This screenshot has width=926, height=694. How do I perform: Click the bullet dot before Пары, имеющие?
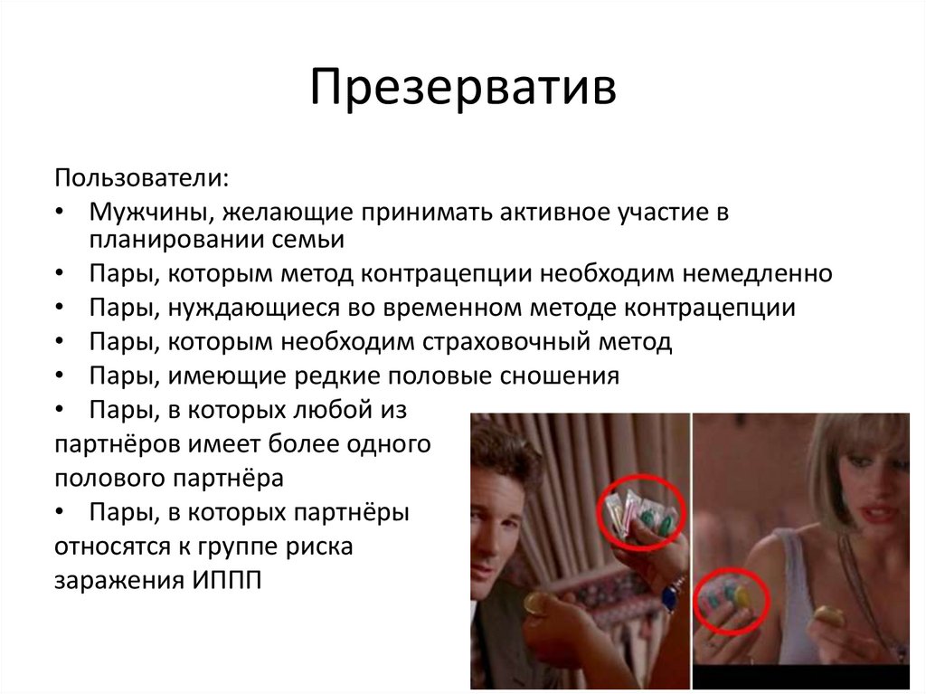[x=60, y=376]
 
